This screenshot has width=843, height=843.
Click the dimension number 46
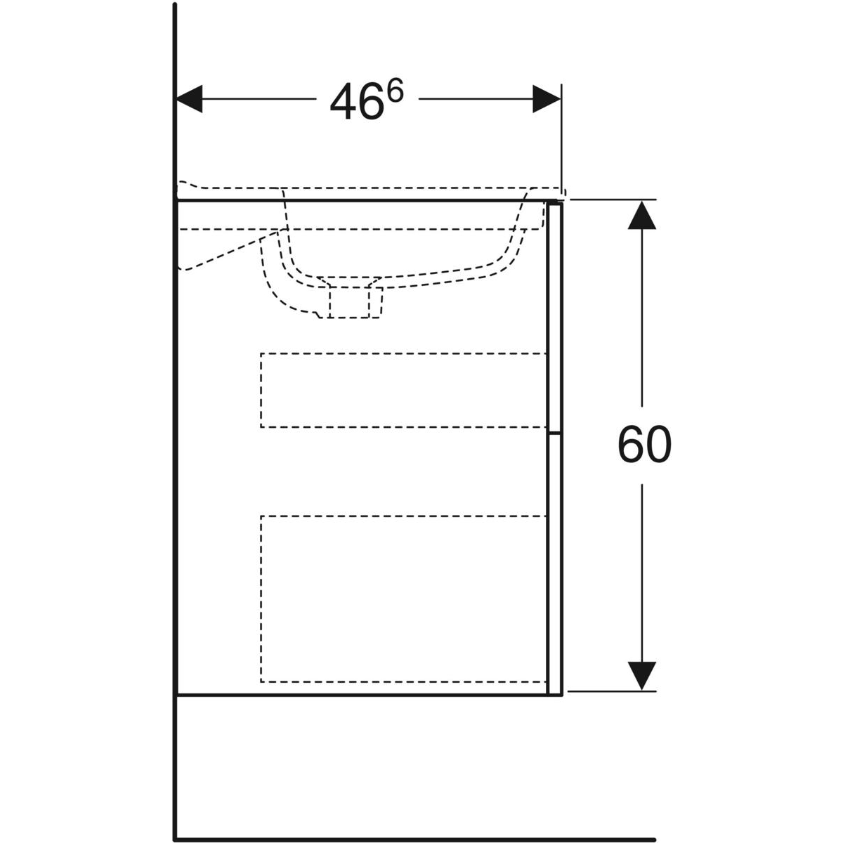coord(355,101)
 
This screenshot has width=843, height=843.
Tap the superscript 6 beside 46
coord(395,91)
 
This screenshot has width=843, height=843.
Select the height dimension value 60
coord(644,445)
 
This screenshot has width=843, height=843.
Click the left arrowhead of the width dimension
coord(190,99)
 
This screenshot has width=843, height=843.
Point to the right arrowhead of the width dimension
coord(547,99)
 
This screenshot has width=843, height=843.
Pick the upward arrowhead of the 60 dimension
coord(642,215)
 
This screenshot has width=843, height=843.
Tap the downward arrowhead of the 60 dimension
coord(642,677)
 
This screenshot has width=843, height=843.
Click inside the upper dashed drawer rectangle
coord(403,390)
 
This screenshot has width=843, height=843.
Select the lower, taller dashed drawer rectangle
coord(403,599)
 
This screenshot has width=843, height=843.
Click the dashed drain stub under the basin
coord(355,302)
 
